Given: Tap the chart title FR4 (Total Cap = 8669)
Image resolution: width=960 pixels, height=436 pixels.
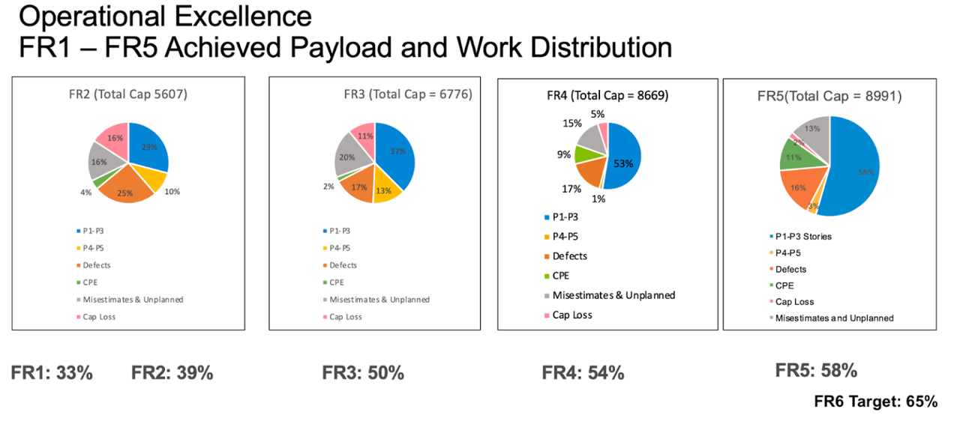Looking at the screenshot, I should click(x=607, y=95).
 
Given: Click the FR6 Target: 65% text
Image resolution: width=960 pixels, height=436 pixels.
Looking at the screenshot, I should click(x=875, y=402).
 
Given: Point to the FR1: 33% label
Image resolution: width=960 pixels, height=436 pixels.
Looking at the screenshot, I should click(x=52, y=373).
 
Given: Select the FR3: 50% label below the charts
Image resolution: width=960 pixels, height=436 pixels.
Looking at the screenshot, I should click(x=363, y=373).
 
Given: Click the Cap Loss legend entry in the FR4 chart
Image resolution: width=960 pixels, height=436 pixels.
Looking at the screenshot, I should click(x=571, y=315).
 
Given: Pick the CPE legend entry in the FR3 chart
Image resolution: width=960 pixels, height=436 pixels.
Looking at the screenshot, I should click(x=336, y=282).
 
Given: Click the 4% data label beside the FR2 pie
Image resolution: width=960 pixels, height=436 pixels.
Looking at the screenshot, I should click(x=85, y=193).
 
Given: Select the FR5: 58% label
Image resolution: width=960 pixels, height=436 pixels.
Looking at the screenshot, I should click(x=816, y=371).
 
